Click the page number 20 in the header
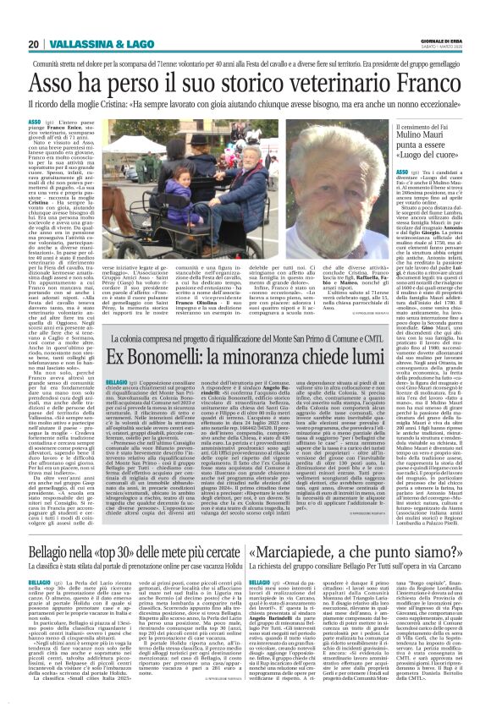point(33,44)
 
